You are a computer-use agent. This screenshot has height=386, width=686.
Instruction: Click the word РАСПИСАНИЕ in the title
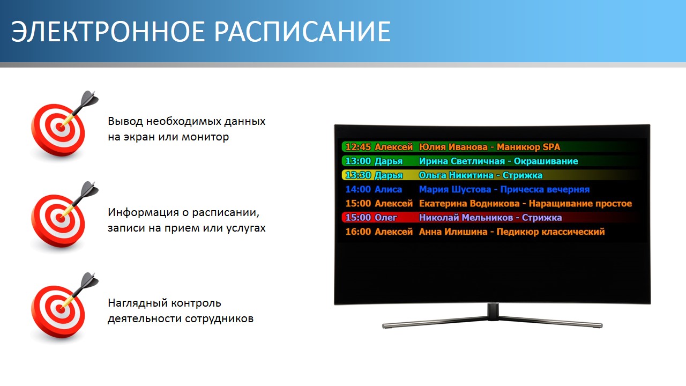point(302,31)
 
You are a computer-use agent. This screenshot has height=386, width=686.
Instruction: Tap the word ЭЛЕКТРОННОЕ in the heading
point(108,31)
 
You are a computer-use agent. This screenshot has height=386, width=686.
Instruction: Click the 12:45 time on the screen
point(358,147)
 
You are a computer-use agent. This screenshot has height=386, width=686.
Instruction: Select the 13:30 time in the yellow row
point(358,175)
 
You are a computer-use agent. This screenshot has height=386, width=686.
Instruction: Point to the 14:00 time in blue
point(358,189)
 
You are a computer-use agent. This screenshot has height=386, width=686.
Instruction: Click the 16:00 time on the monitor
point(358,232)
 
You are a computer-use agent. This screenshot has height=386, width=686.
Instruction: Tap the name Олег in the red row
point(385,218)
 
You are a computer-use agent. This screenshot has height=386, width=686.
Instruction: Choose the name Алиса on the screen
point(388,189)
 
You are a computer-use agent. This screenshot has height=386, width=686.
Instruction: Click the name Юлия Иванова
point(453,147)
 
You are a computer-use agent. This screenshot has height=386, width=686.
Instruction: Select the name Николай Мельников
point(466,218)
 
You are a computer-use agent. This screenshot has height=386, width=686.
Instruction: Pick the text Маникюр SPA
point(528,147)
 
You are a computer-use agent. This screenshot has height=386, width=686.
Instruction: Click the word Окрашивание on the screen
point(546,161)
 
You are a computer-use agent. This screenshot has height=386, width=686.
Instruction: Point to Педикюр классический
point(550,232)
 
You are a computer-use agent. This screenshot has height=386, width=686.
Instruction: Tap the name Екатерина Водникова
point(469,203)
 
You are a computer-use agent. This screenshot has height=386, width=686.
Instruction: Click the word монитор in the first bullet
point(205,137)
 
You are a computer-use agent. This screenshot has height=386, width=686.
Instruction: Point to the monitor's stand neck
point(493,312)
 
